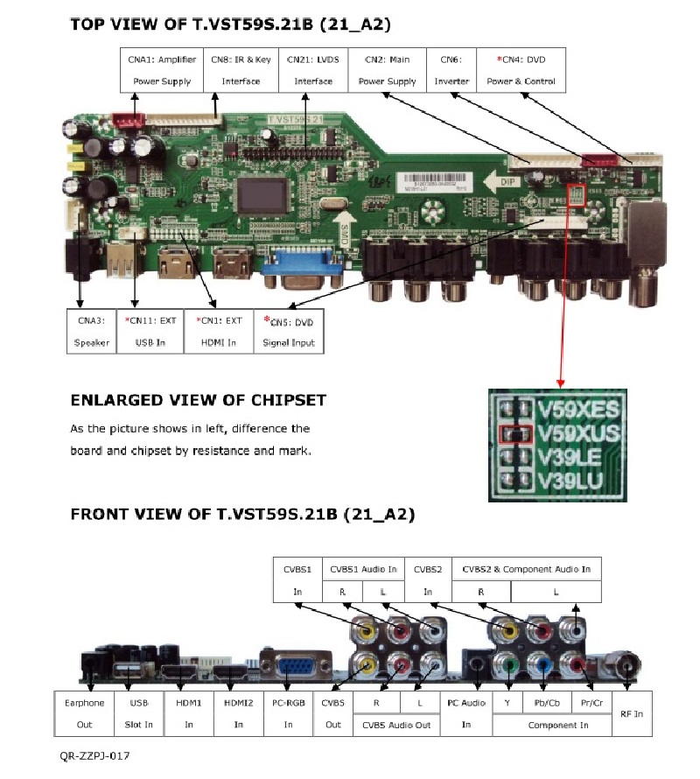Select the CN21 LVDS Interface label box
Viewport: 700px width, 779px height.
pyautogui.click(x=313, y=70)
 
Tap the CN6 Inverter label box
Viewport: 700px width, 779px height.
pyautogui.click(x=451, y=70)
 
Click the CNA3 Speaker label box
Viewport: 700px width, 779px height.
pyautogui.click(x=91, y=331)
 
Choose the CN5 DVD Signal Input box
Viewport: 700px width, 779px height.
pyautogui.click(x=289, y=331)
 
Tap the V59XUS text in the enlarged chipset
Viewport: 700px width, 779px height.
pyautogui.click(x=578, y=432)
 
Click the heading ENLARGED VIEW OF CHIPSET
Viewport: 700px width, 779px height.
pyautogui.click(x=198, y=400)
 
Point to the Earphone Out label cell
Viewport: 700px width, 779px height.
pyautogui.click(x=84, y=712)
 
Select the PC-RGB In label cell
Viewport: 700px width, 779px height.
pyautogui.click(x=288, y=712)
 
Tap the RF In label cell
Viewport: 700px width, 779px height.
pyautogui.click(x=631, y=714)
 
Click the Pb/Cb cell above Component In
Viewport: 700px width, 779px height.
pyautogui.click(x=542, y=702)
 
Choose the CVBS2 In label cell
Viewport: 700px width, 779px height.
pyautogui.click(x=428, y=580)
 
